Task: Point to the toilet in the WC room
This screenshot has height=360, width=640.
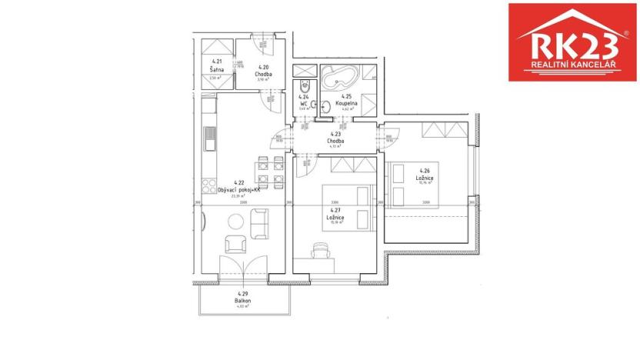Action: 305,88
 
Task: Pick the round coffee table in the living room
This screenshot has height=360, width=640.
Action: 237,222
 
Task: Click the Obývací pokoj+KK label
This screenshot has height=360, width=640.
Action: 238,189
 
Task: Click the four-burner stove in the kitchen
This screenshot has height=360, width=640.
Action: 208,185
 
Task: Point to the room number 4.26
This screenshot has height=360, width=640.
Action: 424,171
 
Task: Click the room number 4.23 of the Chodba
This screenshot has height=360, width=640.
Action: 335,134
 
